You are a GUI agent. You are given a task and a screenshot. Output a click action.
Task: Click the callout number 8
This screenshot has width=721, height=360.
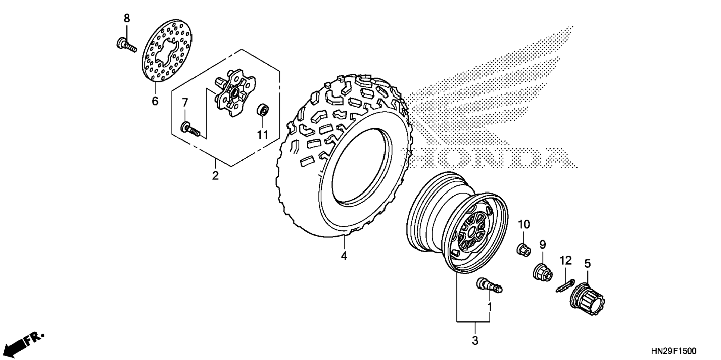[127, 18]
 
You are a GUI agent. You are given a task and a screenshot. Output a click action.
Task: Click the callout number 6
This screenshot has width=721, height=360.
[155, 101]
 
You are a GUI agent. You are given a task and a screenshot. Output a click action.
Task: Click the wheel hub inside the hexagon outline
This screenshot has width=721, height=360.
[235, 95]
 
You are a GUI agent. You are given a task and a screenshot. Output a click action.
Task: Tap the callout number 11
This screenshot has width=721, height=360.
[263, 135]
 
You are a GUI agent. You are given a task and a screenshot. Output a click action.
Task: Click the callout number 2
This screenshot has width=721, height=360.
[215, 175]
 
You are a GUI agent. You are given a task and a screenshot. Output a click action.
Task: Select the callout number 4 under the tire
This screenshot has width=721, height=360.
[344, 256]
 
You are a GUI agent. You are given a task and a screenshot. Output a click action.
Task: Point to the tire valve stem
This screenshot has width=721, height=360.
[489, 286]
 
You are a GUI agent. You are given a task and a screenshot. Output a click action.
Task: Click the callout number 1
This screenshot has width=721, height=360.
[490, 307]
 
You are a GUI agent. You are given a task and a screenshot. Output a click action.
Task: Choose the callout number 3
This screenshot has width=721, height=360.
[475, 340]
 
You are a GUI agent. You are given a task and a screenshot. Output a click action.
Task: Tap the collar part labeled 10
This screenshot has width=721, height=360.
[523, 249]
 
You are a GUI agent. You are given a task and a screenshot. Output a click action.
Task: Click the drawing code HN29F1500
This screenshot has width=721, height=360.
[673, 351]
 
